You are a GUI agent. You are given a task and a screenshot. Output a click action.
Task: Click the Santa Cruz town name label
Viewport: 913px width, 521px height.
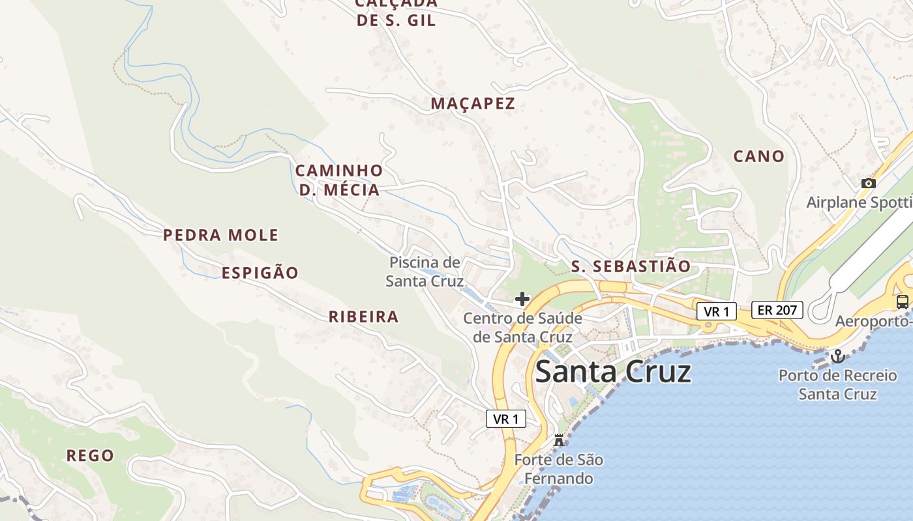pyautogui.click(x=612, y=372)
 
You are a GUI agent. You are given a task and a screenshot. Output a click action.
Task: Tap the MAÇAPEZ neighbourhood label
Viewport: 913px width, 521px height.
pyautogui.click(x=473, y=103)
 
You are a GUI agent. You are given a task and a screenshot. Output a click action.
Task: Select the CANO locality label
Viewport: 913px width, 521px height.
pyautogui.click(x=758, y=156)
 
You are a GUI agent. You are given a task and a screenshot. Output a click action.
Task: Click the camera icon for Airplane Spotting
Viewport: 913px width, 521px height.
pyautogui.click(x=868, y=184)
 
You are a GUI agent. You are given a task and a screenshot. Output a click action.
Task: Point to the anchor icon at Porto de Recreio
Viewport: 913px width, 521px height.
pyautogui.click(x=837, y=356)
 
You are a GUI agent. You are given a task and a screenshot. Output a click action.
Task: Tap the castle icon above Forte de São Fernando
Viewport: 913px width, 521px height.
pyautogui.click(x=558, y=440)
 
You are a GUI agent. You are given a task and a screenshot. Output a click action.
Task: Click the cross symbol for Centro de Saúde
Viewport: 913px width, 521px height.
pyautogui.click(x=522, y=300)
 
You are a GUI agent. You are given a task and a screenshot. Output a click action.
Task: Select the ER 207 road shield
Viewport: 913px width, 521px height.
pyautogui.click(x=777, y=310)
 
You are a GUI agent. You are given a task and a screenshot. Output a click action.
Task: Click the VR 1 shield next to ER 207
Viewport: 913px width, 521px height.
pyautogui.click(x=717, y=311)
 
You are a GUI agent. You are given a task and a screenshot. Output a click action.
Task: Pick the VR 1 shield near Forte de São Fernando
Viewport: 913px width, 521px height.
pyautogui.click(x=505, y=419)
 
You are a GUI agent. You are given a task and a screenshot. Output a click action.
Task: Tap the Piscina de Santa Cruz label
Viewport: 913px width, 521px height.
pyautogui.click(x=425, y=272)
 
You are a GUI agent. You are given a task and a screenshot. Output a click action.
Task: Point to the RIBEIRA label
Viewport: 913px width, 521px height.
pyautogui.click(x=363, y=317)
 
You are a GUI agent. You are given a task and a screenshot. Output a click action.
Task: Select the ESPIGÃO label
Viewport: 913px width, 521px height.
pyautogui.click(x=260, y=273)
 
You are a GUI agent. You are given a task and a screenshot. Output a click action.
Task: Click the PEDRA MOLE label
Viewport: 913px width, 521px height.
pyautogui.click(x=220, y=235)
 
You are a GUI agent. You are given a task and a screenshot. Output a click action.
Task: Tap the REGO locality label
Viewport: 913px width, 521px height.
pyautogui.click(x=90, y=455)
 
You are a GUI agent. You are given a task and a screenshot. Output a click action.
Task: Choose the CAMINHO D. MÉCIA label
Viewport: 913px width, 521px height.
pyautogui.click(x=339, y=180)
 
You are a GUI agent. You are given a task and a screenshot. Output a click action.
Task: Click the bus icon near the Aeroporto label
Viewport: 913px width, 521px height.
pyautogui.click(x=902, y=302)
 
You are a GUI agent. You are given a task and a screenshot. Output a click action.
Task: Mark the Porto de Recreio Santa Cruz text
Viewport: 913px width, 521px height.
pyautogui.click(x=837, y=385)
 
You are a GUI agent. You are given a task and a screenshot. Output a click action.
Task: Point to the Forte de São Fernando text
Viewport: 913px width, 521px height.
pyautogui.click(x=558, y=469)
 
